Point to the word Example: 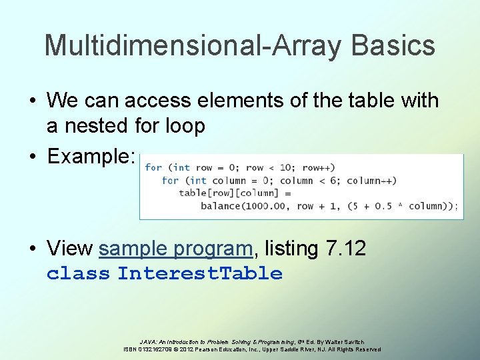coord(92,156)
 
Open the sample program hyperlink coord(176,249)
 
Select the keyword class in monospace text coord(78,273)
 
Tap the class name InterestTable coord(200,273)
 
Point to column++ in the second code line coord(371,181)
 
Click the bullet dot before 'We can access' coord(32,101)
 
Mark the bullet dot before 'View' coord(32,249)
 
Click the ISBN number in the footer coord(158,349)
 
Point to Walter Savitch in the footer coord(345,341)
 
